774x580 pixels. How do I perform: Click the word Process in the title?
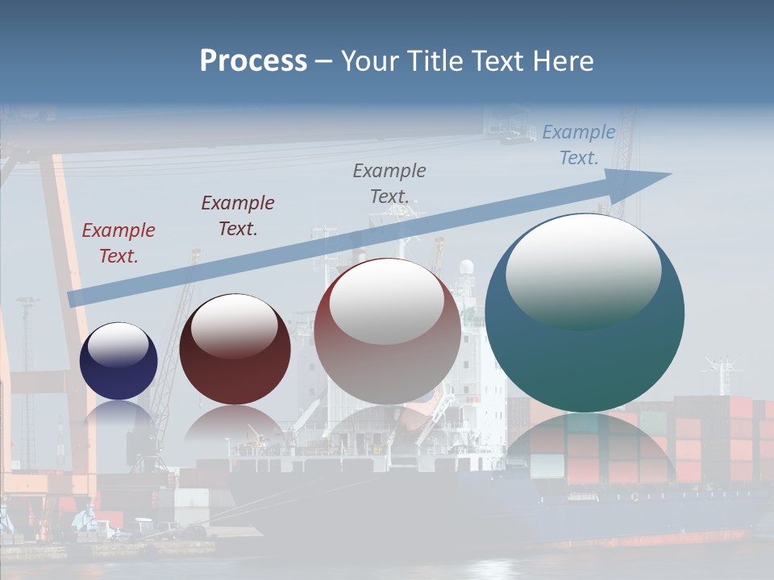point(253,61)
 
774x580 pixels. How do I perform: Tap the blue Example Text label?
point(579,145)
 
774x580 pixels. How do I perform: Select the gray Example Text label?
point(389,184)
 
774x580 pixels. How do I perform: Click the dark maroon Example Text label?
point(238,216)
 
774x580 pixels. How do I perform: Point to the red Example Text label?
point(119,243)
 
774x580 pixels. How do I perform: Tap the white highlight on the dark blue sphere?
point(119,345)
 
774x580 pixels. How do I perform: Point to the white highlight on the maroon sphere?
point(235,325)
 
